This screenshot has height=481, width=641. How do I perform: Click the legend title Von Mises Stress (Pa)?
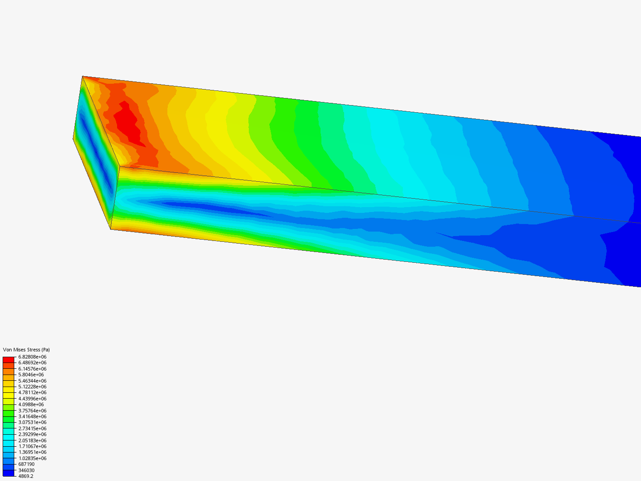click(26, 350)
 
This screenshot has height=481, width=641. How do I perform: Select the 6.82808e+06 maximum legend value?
click(32, 357)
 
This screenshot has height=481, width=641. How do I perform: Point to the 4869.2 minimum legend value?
click(25, 476)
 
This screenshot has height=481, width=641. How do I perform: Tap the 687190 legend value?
click(26, 464)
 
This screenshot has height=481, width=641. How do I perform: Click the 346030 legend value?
click(26, 470)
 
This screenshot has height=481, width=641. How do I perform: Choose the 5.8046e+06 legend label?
click(31, 375)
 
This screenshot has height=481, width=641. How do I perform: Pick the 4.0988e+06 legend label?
click(31, 404)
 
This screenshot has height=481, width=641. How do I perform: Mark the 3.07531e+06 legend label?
click(32, 422)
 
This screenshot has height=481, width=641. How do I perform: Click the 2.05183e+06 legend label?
click(32, 440)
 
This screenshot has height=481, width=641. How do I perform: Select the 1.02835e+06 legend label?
click(32, 458)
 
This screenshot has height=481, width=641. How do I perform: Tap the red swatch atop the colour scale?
click(8, 359)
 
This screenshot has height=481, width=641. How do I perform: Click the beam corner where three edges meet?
click(119, 167)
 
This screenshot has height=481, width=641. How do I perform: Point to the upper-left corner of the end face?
click(83, 77)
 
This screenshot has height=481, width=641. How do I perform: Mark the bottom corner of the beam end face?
click(110, 229)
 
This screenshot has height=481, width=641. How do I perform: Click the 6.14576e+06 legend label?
click(32, 369)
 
